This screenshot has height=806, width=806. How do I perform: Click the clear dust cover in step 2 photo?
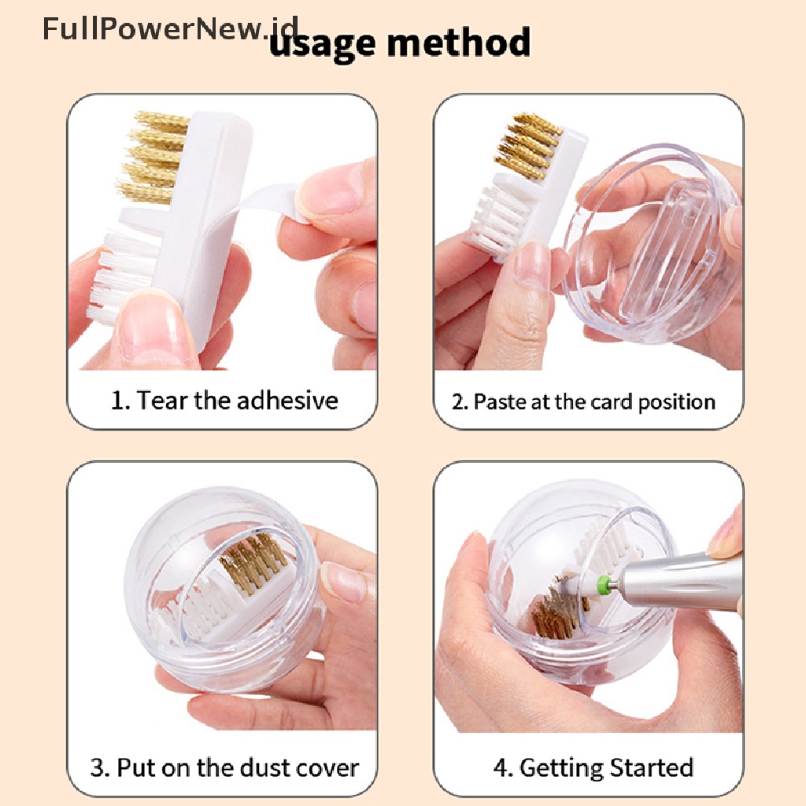pyautogui.click(x=653, y=244)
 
